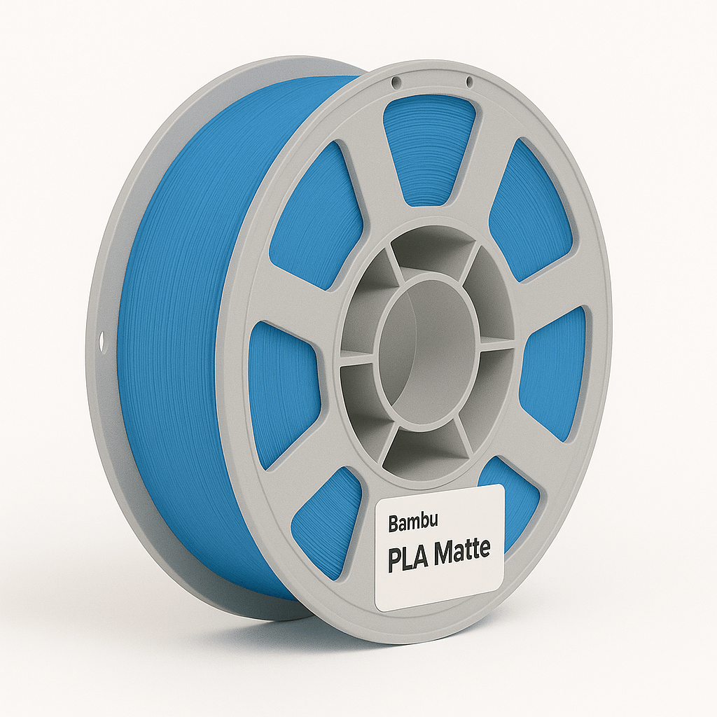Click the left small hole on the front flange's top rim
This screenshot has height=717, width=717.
397,82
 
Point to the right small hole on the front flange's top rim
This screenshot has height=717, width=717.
469,83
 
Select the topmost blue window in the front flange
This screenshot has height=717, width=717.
429,147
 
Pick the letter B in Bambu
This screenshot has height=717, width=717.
393,523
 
